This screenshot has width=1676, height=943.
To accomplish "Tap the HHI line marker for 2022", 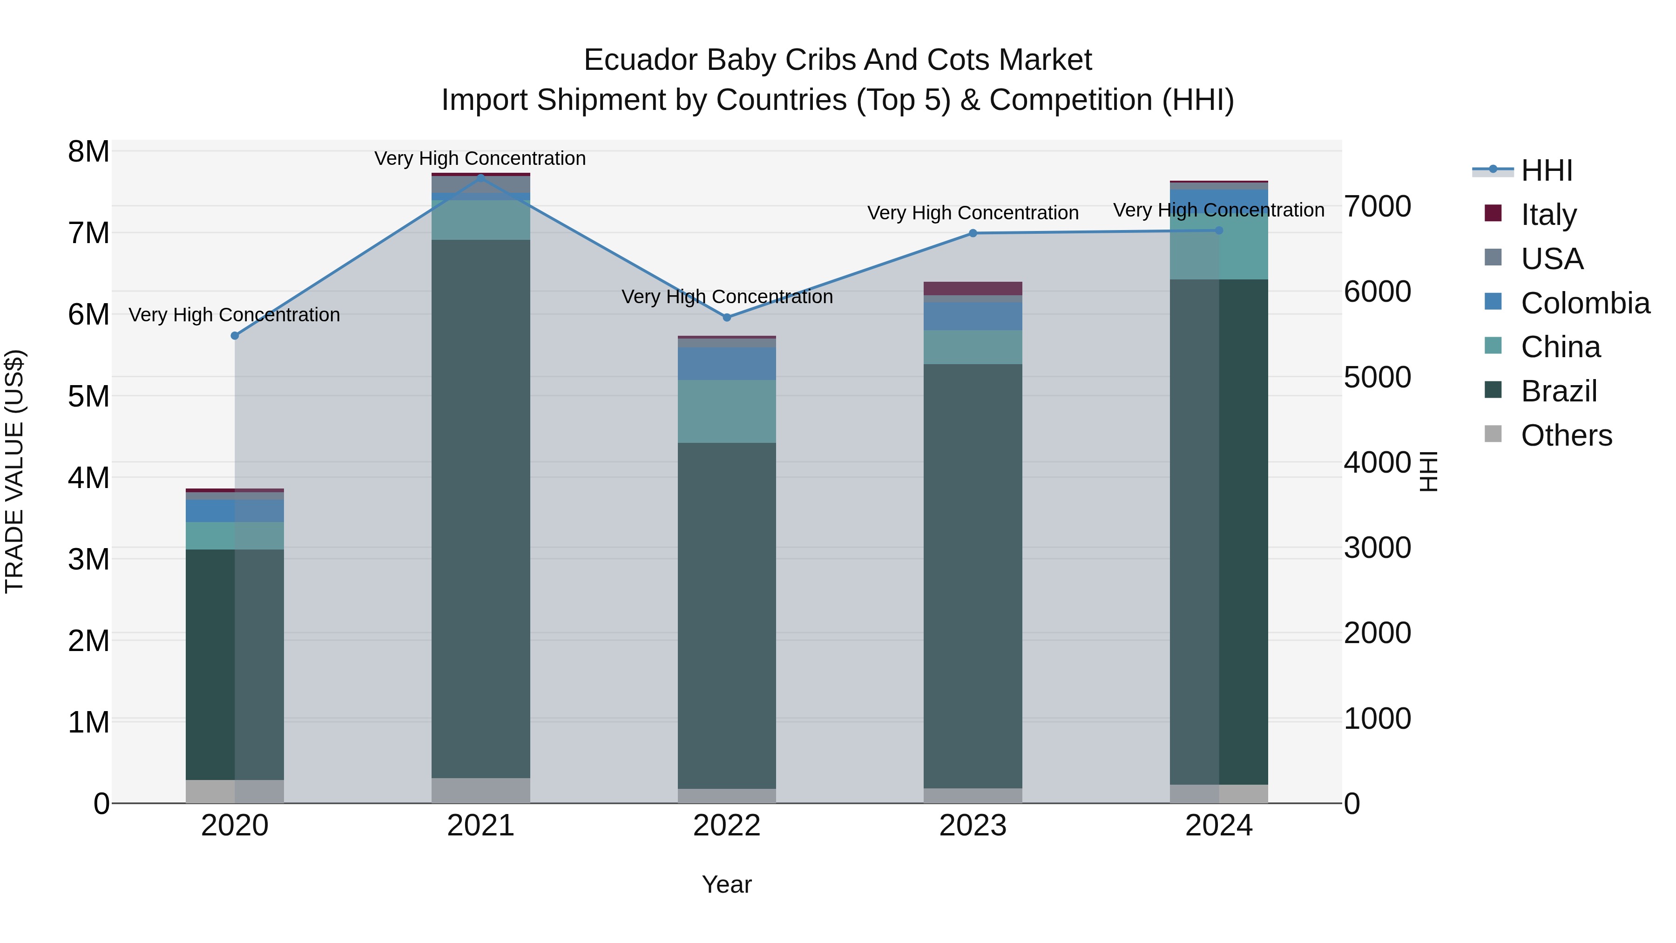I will click(727, 318).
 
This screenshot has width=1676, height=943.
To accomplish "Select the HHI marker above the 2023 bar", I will click(973, 233).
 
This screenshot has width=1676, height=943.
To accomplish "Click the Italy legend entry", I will click(1548, 214).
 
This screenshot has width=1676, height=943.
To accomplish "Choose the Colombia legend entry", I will click(1584, 303).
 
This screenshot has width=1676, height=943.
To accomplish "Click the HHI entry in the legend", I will click(1547, 170).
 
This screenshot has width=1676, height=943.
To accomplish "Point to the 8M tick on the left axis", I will click(88, 152).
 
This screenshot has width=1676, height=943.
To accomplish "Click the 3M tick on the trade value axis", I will click(88, 559).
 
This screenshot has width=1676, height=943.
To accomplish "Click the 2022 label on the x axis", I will click(727, 826).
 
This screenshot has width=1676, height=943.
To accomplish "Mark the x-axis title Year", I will click(727, 884).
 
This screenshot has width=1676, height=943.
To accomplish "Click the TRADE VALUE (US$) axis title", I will click(14, 471).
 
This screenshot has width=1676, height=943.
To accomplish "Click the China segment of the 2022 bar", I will click(727, 411).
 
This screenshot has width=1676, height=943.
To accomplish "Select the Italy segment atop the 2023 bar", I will click(973, 288).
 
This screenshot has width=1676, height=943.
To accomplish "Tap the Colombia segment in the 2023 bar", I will click(973, 316).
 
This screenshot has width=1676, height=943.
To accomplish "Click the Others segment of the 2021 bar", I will click(481, 790).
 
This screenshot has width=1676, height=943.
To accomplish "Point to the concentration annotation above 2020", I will click(234, 315).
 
